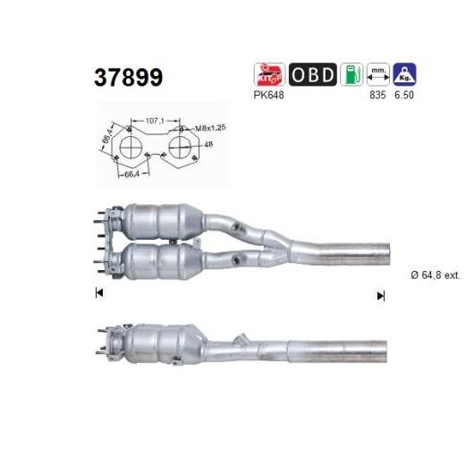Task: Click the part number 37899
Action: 129,78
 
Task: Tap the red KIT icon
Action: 269,74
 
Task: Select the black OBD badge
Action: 313,74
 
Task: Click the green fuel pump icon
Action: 351,74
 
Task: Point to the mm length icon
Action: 378,74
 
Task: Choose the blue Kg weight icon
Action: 404,74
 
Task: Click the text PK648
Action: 268,95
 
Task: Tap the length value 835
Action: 378,95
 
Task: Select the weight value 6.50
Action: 404,95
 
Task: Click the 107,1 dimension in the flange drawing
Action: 155,121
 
